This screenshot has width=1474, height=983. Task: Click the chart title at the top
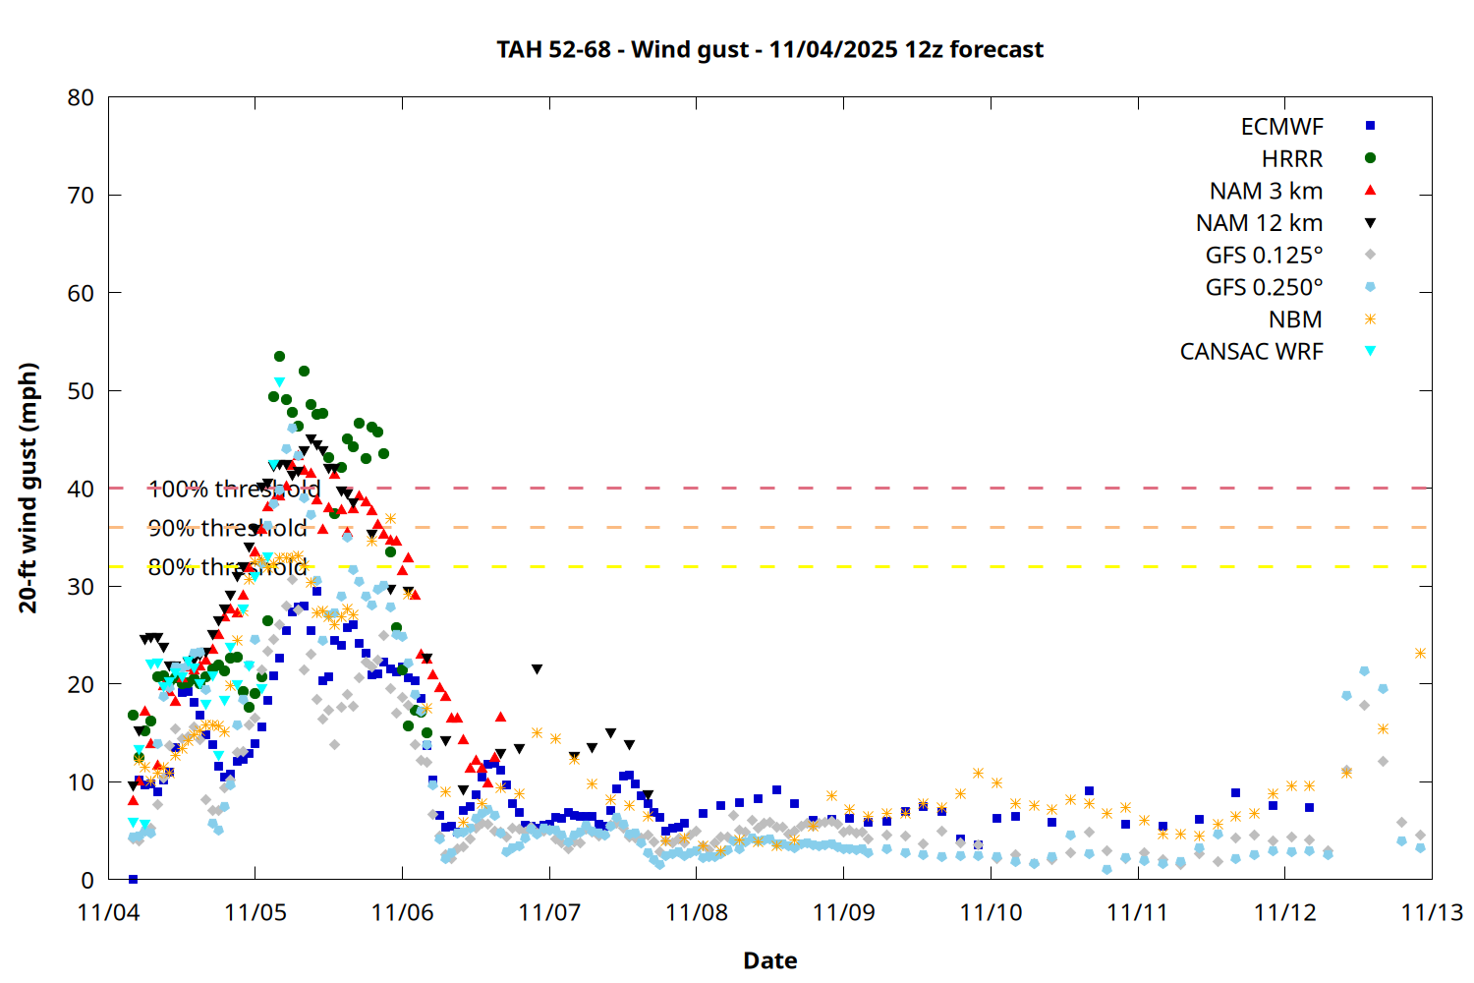tap(769, 49)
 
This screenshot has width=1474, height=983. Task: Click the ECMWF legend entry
tap(1281, 127)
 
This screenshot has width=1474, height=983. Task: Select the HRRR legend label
tap(1292, 159)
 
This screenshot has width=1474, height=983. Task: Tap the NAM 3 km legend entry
tap(1266, 191)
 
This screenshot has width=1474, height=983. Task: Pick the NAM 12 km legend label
tap(1259, 223)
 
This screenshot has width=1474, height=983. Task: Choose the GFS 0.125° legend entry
tap(1264, 256)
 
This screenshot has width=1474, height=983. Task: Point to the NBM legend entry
tap(1295, 319)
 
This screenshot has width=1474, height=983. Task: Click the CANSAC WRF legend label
tap(1251, 352)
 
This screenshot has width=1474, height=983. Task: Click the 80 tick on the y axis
tap(81, 97)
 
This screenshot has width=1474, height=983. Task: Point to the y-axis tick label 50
tap(81, 390)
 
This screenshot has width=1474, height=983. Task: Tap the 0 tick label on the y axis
tap(87, 880)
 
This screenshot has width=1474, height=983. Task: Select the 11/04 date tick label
tap(108, 912)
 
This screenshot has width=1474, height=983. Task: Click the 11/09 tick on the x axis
tap(843, 912)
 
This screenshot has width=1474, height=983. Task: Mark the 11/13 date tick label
tap(1431, 912)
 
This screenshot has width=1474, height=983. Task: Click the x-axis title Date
tap(769, 960)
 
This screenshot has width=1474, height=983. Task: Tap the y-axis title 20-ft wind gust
tap(28, 488)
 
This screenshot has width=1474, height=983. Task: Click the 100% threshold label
tap(234, 489)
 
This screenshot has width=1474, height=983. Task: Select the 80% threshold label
tap(227, 567)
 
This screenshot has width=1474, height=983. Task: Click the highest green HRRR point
tap(279, 357)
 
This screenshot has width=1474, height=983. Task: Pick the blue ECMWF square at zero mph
tap(133, 879)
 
